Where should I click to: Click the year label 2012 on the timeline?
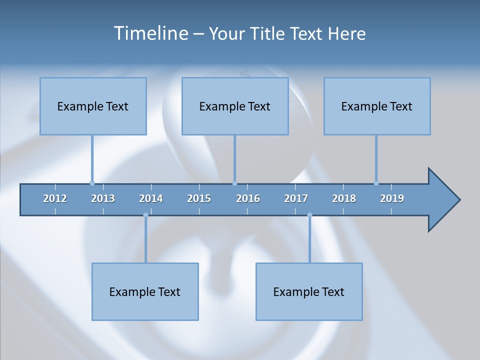coord(55,198)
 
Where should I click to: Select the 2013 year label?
coord(103,198)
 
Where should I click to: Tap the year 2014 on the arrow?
coord(151,198)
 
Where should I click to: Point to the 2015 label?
coord(199,198)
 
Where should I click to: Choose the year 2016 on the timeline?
coord(248,198)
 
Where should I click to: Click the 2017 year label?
coord(296,198)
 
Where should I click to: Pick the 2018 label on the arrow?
coord(344,198)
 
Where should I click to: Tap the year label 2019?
coord(392,198)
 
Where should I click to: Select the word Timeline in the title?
coord(150,33)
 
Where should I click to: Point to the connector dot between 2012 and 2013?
coord(92,183)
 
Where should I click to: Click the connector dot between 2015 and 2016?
coord(234,183)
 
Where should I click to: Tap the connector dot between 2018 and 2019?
coord(376,183)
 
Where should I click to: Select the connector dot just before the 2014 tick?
coord(145,215)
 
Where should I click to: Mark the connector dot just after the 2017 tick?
coord(309,215)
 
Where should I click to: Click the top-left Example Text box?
coord(93,106)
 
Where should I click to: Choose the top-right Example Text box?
coord(377,106)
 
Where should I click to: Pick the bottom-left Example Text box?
coord(145,291)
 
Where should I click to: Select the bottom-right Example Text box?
coord(309,291)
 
